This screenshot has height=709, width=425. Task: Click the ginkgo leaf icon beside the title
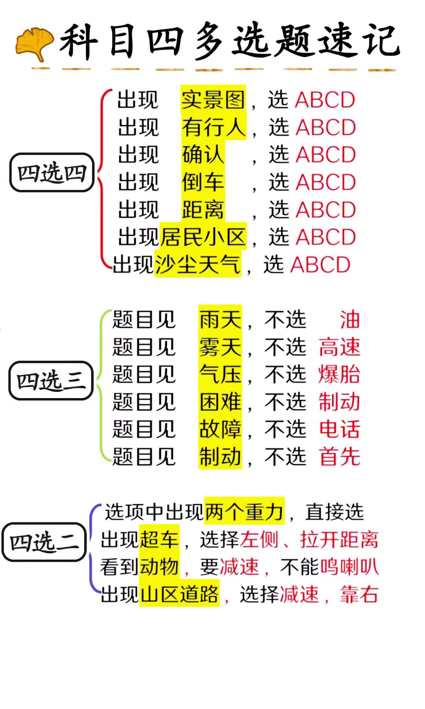click(35, 44)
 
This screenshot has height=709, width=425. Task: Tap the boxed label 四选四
click(52, 173)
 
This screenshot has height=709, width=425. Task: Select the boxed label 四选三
click(51, 380)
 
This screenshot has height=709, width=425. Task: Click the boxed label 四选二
click(44, 542)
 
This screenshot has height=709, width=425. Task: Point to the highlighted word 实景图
click(213, 99)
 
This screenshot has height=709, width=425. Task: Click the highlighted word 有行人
click(214, 127)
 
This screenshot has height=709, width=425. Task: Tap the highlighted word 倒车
click(203, 182)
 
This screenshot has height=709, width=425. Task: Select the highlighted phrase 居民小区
click(203, 237)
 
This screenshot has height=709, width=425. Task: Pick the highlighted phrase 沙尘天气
click(198, 264)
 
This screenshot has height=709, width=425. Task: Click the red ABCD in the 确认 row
click(326, 154)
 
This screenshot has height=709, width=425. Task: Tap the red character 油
click(350, 319)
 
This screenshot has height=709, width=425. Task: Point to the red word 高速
click(339, 347)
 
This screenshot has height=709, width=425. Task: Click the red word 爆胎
click(339, 374)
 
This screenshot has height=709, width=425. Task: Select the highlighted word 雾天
click(220, 347)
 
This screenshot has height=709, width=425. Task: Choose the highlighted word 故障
click(220, 429)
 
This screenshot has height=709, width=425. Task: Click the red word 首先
click(339, 457)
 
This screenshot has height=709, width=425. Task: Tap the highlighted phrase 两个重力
click(244, 511)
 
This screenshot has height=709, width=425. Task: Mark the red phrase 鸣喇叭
click(349, 566)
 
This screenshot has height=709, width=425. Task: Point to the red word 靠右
click(359, 594)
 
